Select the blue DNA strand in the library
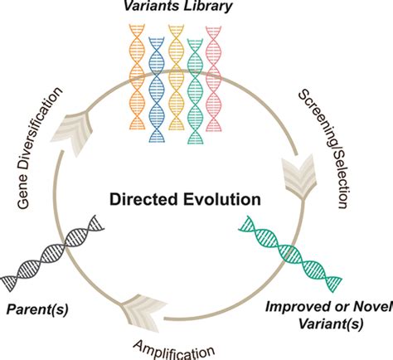pos(155,79)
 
